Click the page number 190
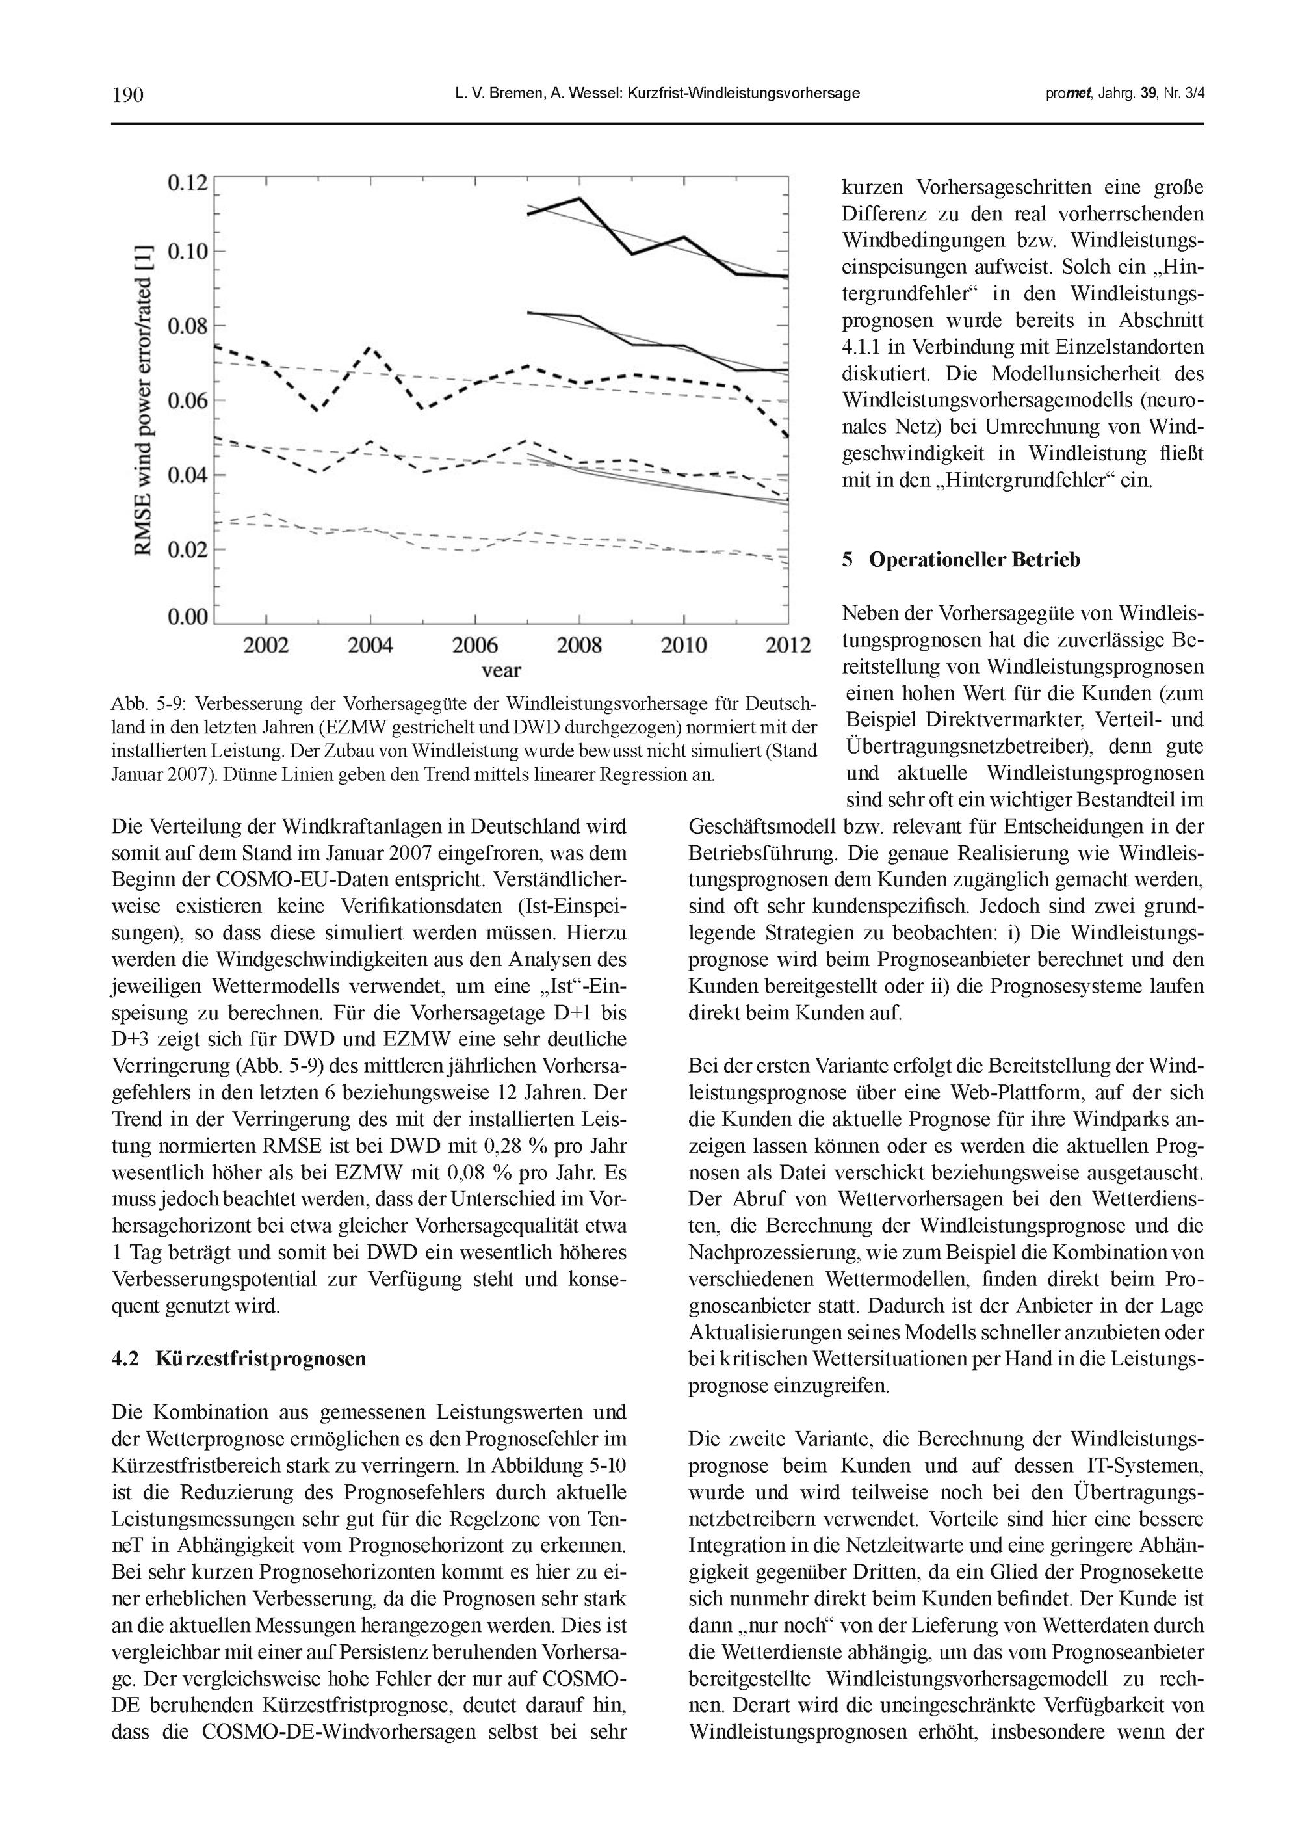pyautogui.click(x=127, y=94)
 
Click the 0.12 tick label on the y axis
pyautogui.click(x=187, y=183)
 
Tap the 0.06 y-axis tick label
pyautogui.click(x=187, y=400)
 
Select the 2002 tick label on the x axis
pyautogui.click(x=266, y=645)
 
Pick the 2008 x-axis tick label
pyautogui.click(x=578, y=645)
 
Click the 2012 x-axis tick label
pyautogui.click(x=788, y=645)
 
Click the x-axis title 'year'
pyautogui.click(x=501, y=670)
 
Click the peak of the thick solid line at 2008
pyautogui.click(x=578, y=198)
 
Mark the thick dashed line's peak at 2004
pyautogui.click(x=370, y=347)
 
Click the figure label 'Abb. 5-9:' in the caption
pyautogui.click(x=149, y=705)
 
